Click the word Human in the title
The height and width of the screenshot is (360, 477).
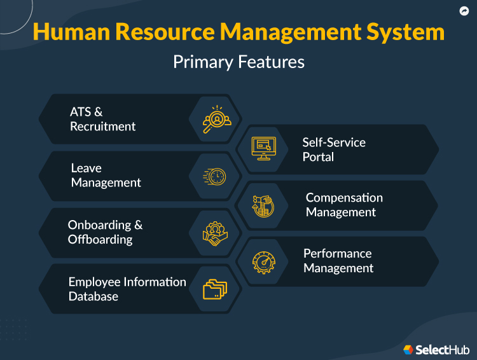(67, 32)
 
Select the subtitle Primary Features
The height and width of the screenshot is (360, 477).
(238, 62)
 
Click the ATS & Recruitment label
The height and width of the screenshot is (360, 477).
(102, 119)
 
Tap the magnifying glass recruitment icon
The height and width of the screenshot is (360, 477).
(216, 119)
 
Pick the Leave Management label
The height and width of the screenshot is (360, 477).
(106, 175)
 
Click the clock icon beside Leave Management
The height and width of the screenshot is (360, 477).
(215, 176)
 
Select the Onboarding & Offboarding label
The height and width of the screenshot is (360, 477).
(105, 232)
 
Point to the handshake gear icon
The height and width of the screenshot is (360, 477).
(216, 233)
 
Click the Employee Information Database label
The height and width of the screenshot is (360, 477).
(127, 289)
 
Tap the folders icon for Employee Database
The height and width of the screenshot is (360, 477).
(215, 289)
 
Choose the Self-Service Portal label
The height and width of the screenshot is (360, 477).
(334, 149)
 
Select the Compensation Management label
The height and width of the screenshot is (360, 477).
(344, 205)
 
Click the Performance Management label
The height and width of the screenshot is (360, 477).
(338, 261)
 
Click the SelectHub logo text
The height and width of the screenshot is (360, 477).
(443, 349)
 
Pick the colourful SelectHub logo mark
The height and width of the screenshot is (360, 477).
(409, 349)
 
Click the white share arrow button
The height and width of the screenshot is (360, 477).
(464, 11)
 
